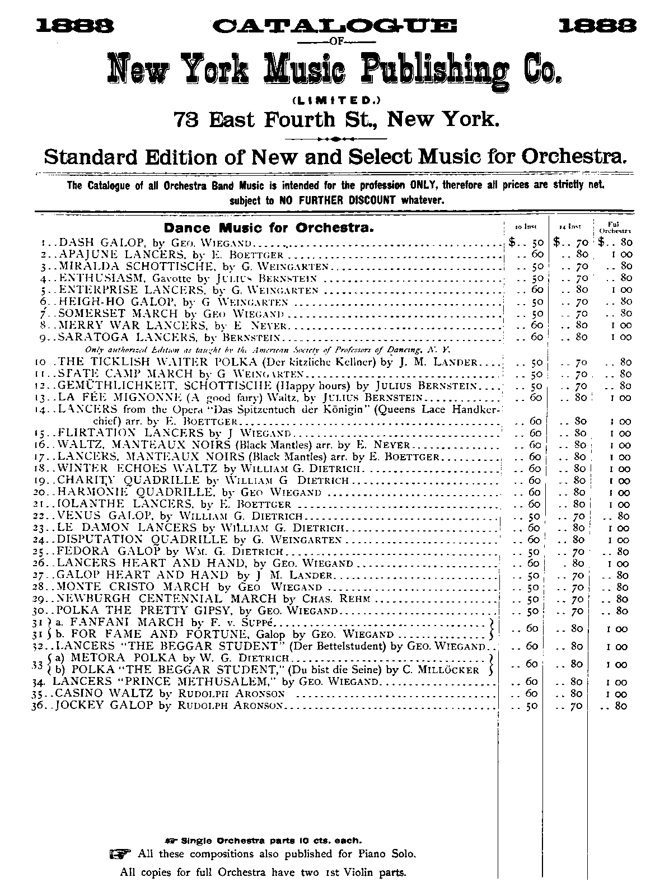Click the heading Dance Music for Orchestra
tap(269, 228)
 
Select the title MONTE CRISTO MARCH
tap(134, 587)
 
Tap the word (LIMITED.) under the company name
tap(334, 101)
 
